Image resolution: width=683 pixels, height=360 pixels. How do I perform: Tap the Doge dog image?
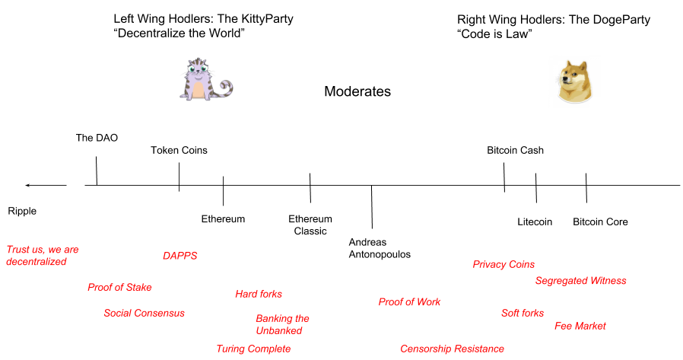[x=576, y=81]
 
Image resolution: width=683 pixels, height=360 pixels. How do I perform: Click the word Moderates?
[x=357, y=92]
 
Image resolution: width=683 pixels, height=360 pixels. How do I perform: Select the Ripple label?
[x=22, y=211]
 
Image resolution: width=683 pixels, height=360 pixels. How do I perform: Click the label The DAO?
[x=97, y=138]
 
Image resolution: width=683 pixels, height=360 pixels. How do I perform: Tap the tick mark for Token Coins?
[x=179, y=177]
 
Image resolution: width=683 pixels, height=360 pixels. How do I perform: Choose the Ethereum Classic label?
[x=310, y=225]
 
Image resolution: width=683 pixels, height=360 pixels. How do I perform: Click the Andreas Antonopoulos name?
[x=379, y=248]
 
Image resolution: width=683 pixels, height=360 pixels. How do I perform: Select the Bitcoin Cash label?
[x=515, y=150]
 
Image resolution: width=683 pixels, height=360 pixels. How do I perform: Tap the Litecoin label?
[x=535, y=221]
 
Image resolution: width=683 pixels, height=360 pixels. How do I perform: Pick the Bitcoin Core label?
[x=600, y=221]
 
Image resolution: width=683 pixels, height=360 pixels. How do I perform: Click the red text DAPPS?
[x=179, y=256]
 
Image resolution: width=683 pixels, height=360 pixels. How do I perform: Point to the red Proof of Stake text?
[x=119, y=287]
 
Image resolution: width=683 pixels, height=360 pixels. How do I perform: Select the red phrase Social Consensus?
[x=144, y=313]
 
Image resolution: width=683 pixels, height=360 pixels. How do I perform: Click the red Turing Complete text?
[x=253, y=349]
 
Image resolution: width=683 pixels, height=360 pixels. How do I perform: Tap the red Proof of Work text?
[x=409, y=302]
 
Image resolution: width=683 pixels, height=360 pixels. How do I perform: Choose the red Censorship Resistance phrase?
[x=452, y=349]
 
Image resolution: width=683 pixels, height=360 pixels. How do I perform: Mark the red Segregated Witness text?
[x=580, y=281]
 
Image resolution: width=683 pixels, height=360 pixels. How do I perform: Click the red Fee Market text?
[x=580, y=326]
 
